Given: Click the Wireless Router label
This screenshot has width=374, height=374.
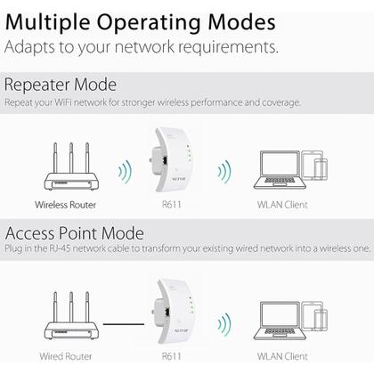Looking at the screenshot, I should pos(64,204).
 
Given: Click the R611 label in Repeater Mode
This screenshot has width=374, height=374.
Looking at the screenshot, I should pos(172,204).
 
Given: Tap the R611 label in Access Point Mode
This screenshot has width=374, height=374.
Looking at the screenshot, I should pos(172,354).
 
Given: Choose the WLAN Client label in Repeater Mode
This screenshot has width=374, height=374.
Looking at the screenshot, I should pos(282,204).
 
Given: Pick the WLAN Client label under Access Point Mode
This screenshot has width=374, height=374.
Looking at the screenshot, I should pos(282,354).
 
